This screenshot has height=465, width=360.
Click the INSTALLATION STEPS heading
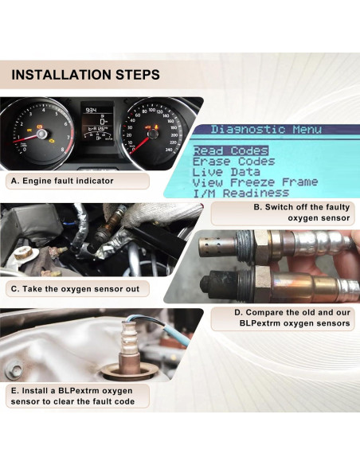(x=86, y=75)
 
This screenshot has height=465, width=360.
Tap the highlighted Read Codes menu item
(x=230, y=150)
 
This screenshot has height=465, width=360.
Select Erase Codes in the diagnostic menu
(x=233, y=162)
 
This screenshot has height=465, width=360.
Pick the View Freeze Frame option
(x=255, y=182)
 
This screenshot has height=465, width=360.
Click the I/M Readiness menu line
(x=241, y=193)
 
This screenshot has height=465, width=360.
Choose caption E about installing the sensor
(x=74, y=397)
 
